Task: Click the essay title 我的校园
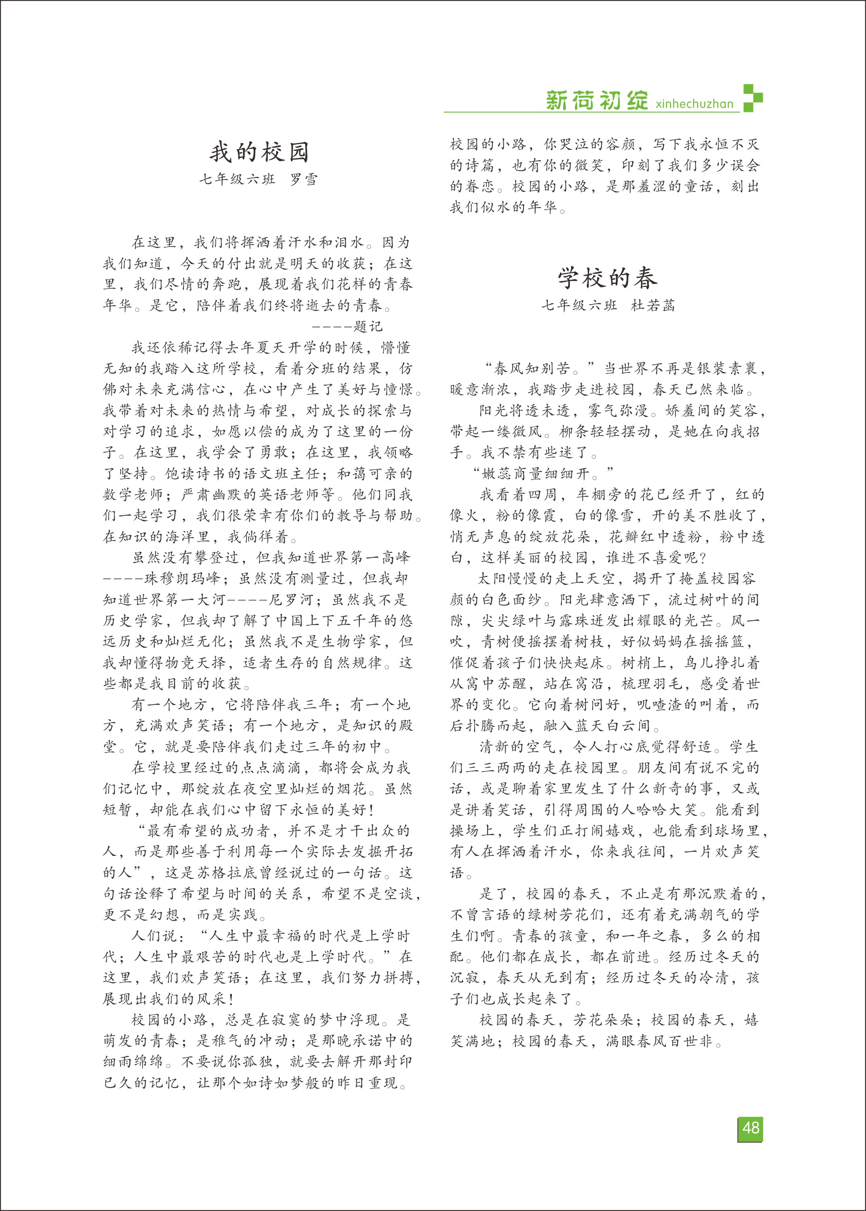[x=259, y=152]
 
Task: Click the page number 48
[x=750, y=1128]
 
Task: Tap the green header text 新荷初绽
[x=597, y=100]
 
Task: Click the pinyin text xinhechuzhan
[x=694, y=104]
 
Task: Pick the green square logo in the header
[x=753, y=98]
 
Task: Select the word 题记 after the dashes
[x=367, y=326]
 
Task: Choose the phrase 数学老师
[x=134, y=495]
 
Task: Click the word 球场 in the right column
[x=730, y=831]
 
